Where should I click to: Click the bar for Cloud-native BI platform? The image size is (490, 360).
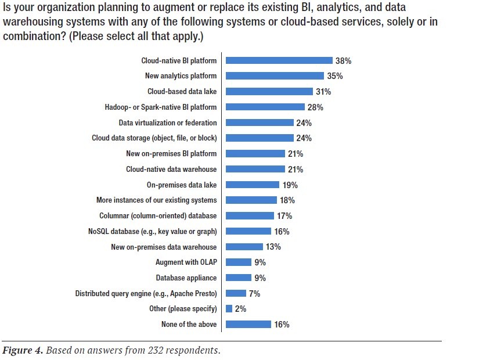coord(279,60)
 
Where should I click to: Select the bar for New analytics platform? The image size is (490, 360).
coord(275,76)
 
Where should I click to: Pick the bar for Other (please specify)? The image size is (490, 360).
coord(229,309)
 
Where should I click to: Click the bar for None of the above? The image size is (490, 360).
coord(248,325)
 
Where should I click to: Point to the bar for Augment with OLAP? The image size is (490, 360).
coord(238,262)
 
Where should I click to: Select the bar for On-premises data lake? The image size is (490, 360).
coord(253,185)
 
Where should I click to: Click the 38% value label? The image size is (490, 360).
coord(343,60)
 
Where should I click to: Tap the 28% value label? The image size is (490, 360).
coord(315,107)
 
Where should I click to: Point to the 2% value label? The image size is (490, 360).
coord(240,309)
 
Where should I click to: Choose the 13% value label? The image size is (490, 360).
coord(273,247)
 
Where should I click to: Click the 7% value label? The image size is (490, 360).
coord(254,294)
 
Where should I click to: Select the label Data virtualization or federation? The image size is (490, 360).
coord(168,123)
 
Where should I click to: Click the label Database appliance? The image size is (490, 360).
coord(186,278)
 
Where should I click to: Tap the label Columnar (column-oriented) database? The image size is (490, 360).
coord(158,216)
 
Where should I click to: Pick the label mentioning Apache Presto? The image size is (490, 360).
coord(146,294)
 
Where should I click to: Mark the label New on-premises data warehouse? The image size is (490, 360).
coord(164,247)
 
